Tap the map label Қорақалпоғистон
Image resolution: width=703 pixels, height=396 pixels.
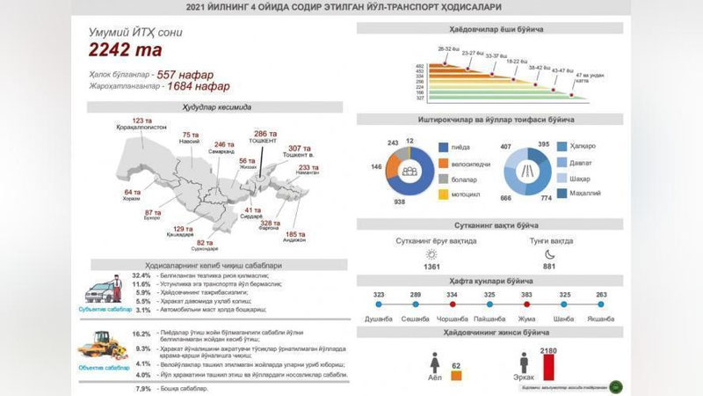click(x=141, y=127)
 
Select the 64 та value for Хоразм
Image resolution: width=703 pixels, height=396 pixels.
click(x=133, y=192)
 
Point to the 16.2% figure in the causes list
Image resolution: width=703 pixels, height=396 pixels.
click(x=141, y=334)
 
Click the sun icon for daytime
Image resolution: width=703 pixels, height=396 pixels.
click(x=431, y=252)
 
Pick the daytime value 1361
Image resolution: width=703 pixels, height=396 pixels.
click(x=431, y=267)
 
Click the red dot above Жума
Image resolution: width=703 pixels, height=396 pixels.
click(x=527, y=305)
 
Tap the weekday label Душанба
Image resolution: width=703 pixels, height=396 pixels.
click(x=380, y=318)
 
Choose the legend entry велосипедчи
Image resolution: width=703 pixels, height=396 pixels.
click(x=462, y=163)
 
